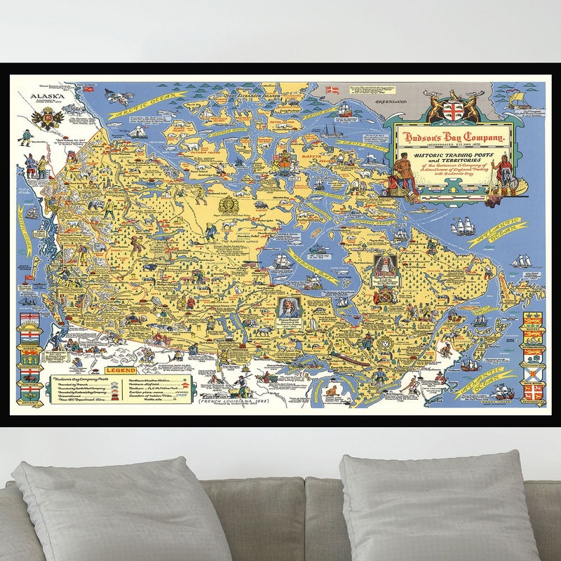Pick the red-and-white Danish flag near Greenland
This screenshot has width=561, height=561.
click(334, 90)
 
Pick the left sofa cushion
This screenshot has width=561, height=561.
click(123, 508)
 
